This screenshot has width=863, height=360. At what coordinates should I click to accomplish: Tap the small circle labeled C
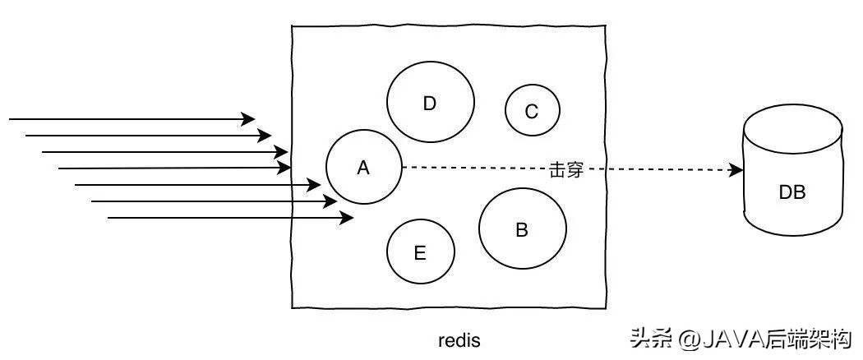[x=532, y=110]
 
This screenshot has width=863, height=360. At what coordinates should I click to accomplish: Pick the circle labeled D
[x=430, y=103]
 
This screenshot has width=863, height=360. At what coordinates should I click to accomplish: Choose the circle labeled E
[x=420, y=252]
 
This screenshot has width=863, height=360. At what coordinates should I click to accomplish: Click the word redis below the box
[x=459, y=339]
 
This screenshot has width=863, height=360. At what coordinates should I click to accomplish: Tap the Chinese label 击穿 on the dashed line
[x=565, y=170]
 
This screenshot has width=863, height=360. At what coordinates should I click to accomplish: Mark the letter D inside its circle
[x=429, y=104]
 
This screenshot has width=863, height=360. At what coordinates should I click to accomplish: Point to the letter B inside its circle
[x=522, y=229]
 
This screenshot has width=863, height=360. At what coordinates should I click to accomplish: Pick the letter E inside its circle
[x=420, y=253]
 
